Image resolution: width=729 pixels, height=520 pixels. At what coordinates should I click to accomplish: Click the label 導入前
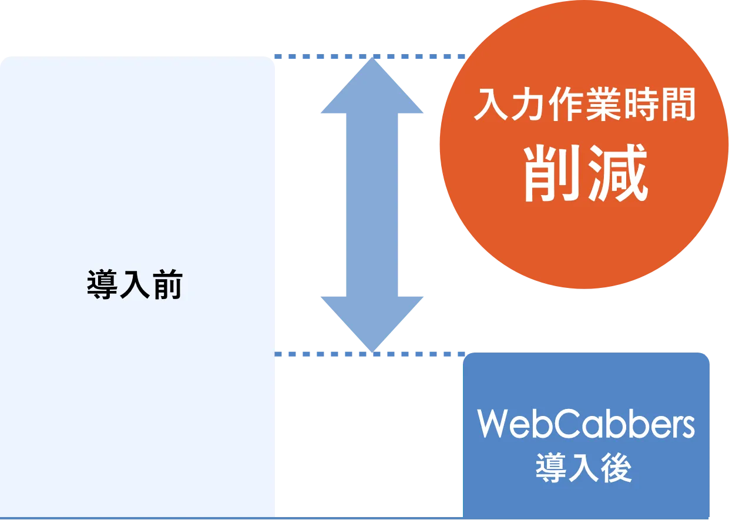click(135, 286)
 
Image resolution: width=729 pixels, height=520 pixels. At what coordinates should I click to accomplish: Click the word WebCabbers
click(586, 424)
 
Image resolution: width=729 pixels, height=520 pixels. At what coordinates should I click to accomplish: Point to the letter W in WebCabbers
click(492, 424)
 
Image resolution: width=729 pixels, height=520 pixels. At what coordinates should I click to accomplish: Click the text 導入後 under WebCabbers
click(584, 468)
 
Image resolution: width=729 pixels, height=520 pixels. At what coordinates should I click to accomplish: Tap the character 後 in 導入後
click(616, 468)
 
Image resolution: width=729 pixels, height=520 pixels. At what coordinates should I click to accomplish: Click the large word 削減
click(586, 173)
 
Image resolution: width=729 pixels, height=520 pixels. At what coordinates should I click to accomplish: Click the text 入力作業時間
click(584, 106)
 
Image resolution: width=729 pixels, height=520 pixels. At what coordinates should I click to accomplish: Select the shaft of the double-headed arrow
click(373, 206)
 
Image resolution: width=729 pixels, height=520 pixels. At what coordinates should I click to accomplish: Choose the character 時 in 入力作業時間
click(641, 106)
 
